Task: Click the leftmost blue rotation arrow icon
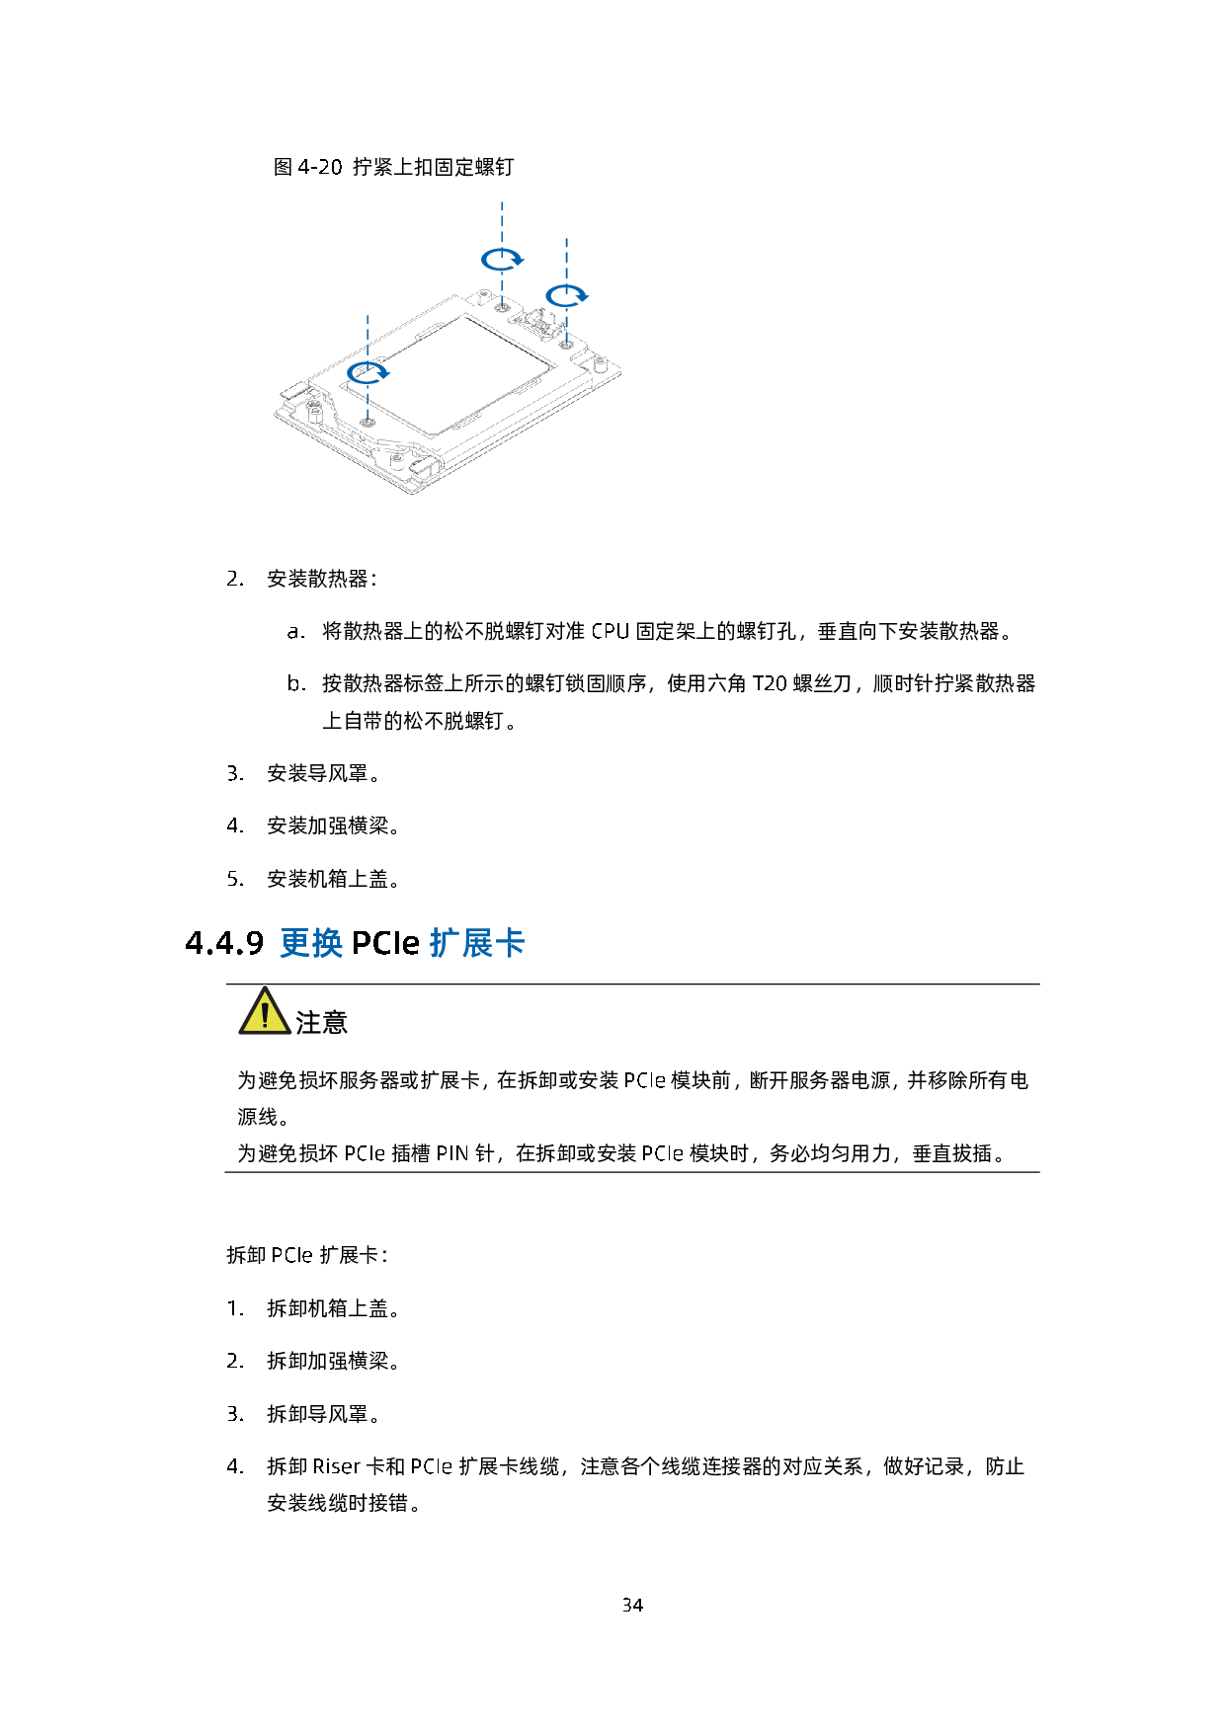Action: tap(367, 372)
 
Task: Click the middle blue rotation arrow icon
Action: tap(502, 259)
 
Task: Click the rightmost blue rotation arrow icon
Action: tap(566, 295)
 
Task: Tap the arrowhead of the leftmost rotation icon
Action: tap(386, 373)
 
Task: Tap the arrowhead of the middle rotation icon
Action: tap(521, 260)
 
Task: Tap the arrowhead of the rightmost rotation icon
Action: tap(585, 296)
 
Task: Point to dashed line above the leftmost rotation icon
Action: tap(367, 336)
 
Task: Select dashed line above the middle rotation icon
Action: tap(502, 222)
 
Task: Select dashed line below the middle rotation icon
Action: tap(502, 290)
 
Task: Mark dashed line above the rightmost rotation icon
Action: tap(566, 259)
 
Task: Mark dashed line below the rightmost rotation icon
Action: tap(566, 327)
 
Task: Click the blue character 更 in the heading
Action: tap(295, 943)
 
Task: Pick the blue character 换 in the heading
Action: tap(328, 943)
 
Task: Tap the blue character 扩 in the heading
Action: tap(446, 943)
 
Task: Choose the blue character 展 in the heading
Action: tap(477, 943)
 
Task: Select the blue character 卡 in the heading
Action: tap(510, 943)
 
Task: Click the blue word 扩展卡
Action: tap(477, 943)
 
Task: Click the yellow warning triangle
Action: tap(265, 1012)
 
